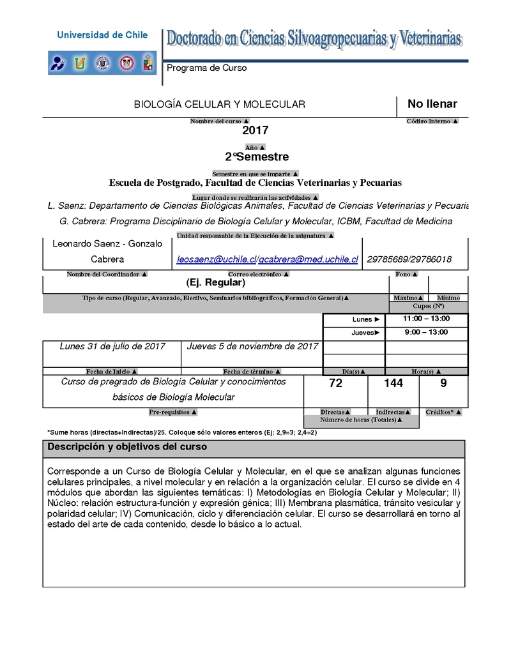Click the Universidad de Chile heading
(102, 35)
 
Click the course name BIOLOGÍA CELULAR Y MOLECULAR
(219, 104)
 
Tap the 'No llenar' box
(432, 104)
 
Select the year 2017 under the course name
(255, 131)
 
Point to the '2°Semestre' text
(257, 157)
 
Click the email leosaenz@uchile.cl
(216, 259)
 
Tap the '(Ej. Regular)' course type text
(215, 282)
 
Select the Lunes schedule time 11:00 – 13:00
(426, 319)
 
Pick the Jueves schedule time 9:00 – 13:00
(426, 332)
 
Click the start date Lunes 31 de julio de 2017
(112, 347)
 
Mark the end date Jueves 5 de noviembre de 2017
(252, 347)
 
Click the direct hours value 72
(335, 383)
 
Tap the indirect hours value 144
(393, 383)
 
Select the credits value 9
(443, 383)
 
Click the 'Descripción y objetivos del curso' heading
(127, 447)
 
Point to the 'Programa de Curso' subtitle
(206, 68)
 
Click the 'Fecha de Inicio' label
(112, 371)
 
